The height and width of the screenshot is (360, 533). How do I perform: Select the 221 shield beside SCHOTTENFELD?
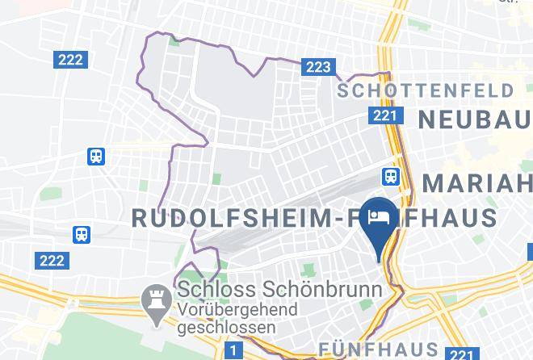(384, 116)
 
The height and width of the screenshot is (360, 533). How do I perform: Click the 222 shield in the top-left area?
(70, 60)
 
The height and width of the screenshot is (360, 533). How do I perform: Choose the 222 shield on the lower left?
(52, 260)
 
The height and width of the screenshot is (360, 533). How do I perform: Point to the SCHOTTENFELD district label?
(426, 90)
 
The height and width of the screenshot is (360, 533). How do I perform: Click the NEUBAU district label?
(474, 119)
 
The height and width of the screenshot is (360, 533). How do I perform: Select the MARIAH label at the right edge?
(477, 182)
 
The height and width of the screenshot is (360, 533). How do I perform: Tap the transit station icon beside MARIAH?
(391, 175)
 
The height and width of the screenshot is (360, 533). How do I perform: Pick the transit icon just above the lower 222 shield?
(82, 234)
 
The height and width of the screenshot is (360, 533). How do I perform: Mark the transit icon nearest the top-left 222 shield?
(97, 156)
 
